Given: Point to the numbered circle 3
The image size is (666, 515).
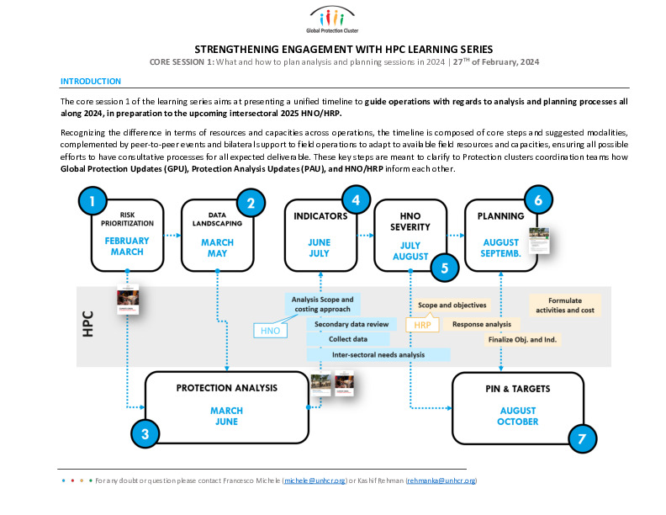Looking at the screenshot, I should click(x=145, y=434).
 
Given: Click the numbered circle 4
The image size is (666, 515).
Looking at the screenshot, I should click(x=356, y=201).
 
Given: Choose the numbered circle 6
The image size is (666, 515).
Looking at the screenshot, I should click(x=538, y=201).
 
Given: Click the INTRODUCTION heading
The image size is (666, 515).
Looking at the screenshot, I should click(x=91, y=81).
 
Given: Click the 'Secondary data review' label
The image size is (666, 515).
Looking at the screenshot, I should click(x=351, y=324).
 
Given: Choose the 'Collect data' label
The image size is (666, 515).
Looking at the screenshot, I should click(x=348, y=339).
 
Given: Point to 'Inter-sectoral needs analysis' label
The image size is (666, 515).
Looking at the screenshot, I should click(x=378, y=354).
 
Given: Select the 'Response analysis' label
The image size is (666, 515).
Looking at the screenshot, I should click(x=481, y=324).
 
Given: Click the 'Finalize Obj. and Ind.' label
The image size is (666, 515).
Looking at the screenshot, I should click(x=521, y=339).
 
